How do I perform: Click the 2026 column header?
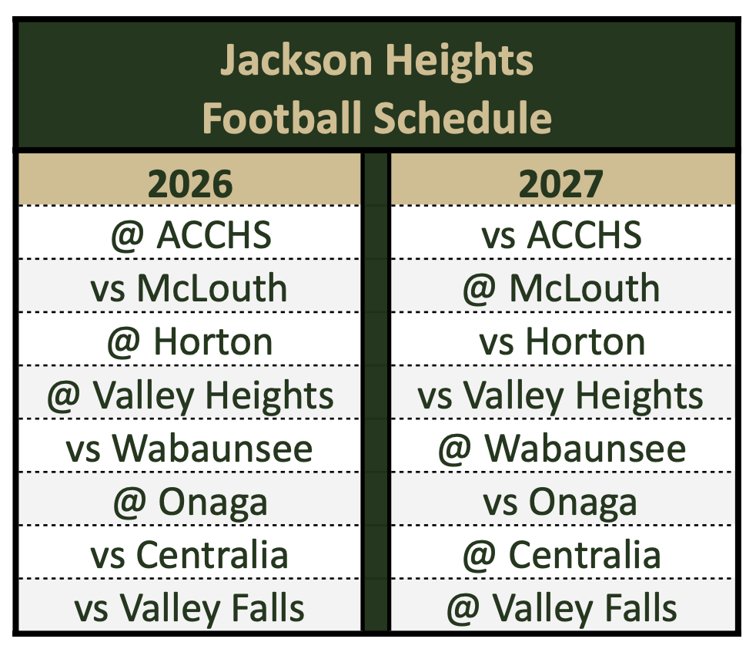pyautogui.click(x=189, y=183)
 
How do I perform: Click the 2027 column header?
pyautogui.click(x=560, y=183)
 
